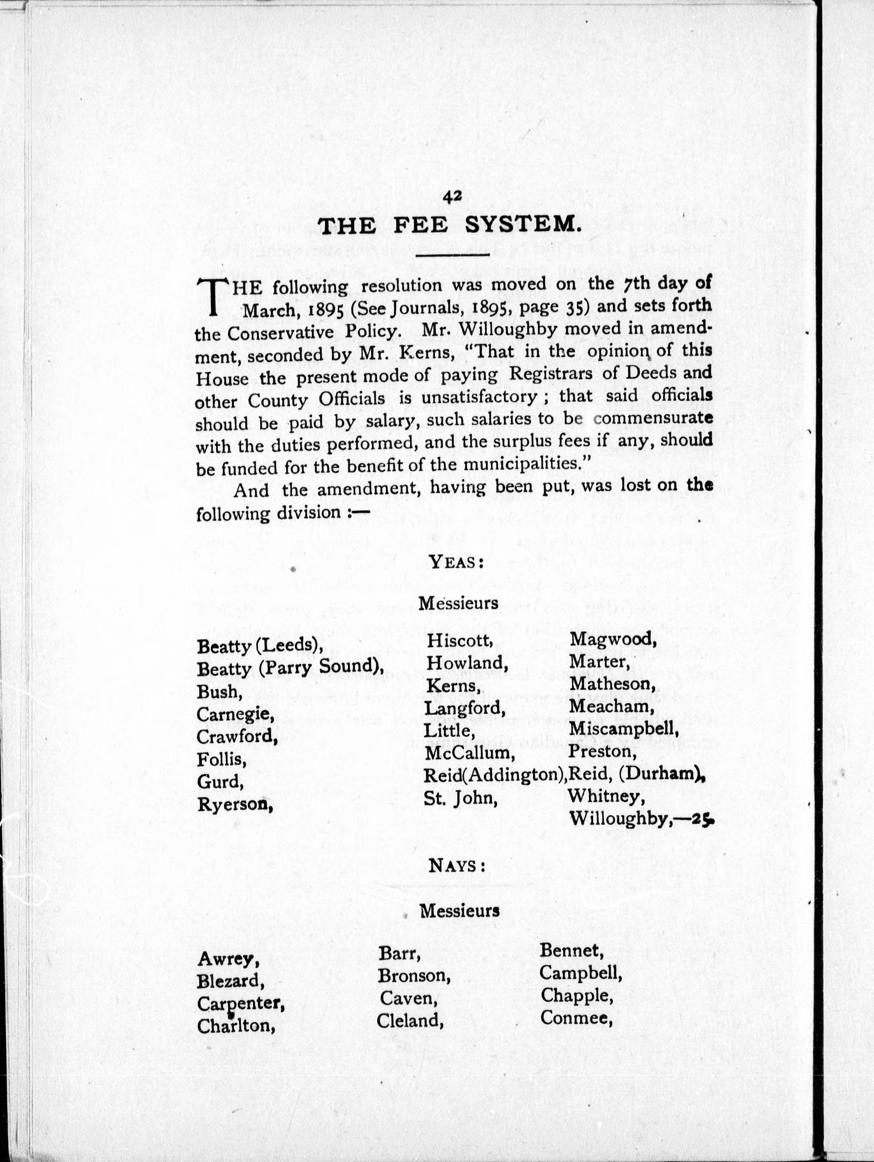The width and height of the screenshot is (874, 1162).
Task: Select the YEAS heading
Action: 456,562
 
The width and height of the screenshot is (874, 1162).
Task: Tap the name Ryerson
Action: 235,804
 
